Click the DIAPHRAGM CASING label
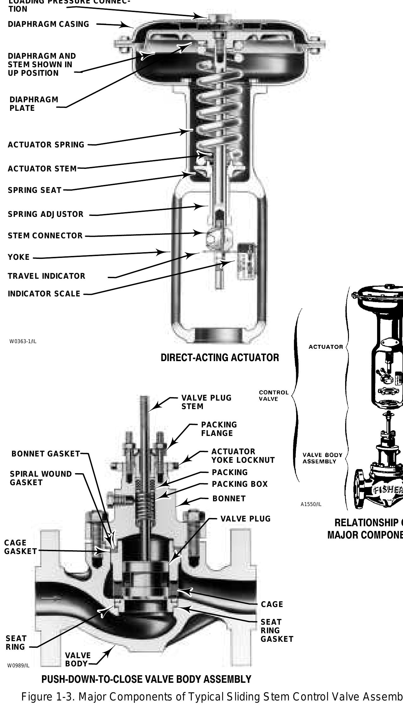coord(48,24)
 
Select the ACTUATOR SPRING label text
coord(46,145)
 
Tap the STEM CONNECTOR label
coord(45,236)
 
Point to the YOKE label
coord(19,257)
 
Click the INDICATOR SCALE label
coord(44,294)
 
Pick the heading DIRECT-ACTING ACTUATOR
coord(220,358)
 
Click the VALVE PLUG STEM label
coord(206,402)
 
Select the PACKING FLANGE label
coord(219,429)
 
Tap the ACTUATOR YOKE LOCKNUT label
coord(243,456)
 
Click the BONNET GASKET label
coord(46,454)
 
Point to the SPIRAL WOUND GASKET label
coord(41,478)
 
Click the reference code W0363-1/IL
coord(23,341)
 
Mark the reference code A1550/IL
coord(311,504)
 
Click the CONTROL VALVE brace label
coord(273,396)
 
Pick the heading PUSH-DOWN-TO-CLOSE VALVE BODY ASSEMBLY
coord(146,679)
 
